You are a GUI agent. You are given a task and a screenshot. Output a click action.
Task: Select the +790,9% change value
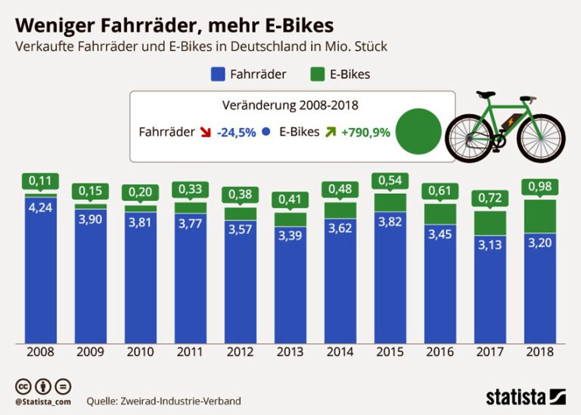click(x=365, y=132)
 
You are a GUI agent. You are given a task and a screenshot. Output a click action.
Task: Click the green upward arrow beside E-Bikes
click(x=329, y=132)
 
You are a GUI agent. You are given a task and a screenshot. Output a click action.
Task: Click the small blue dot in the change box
click(x=266, y=132)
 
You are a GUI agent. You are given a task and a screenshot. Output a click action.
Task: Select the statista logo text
click(x=515, y=396)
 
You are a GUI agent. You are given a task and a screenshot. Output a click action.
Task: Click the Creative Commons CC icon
click(x=21, y=385)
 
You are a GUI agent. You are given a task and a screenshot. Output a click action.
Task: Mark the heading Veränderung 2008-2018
click(x=290, y=105)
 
